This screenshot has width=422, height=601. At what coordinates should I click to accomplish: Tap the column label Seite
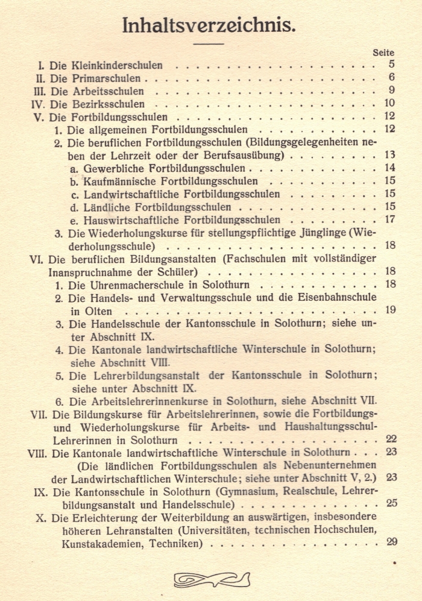pos(383,53)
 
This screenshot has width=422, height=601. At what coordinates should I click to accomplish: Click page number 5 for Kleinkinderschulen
pos(391,65)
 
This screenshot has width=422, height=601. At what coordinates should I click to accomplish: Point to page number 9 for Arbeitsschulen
pos(391,91)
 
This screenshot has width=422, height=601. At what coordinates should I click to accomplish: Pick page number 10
pos(389,104)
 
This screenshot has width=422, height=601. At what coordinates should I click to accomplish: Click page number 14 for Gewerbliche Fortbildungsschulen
pos(389,168)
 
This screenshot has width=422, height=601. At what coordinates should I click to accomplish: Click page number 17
pos(389,219)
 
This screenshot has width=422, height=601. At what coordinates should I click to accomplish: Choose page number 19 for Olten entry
pos(389,310)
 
